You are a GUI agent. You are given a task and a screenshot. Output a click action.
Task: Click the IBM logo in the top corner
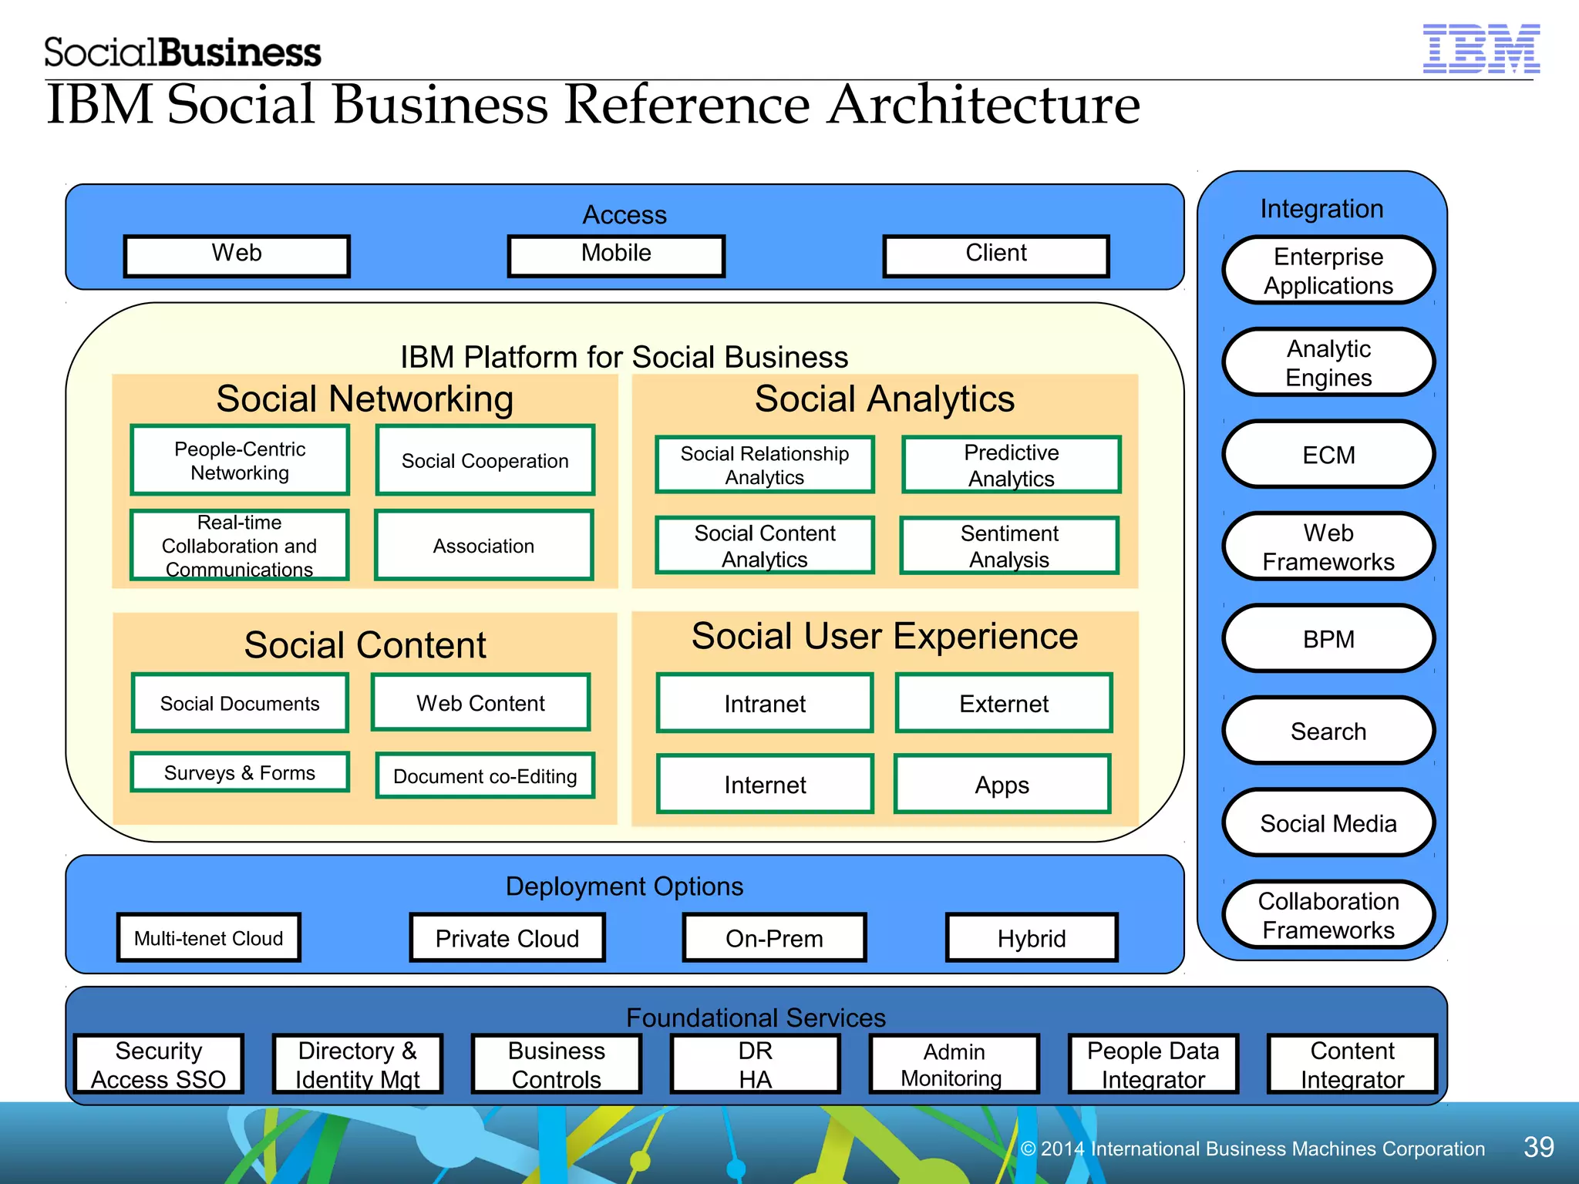[x=1480, y=49]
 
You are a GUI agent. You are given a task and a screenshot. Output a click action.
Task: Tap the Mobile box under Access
[x=616, y=255]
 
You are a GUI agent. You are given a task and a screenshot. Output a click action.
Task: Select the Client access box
[x=995, y=255]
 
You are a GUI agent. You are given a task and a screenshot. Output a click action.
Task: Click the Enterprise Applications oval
[x=1328, y=271]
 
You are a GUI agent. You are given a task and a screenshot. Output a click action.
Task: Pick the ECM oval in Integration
[x=1328, y=455]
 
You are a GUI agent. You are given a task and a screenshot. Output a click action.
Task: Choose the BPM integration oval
[x=1328, y=639]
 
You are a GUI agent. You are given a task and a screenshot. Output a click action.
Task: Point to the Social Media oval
[x=1328, y=823]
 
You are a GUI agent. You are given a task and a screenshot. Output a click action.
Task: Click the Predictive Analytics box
[x=1011, y=465]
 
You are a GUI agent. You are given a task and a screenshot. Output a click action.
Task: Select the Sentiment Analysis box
[x=1008, y=546]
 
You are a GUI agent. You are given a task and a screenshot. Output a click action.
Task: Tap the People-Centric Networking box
[x=240, y=460]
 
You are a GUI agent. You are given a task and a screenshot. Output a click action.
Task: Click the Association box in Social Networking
[x=483, y=546]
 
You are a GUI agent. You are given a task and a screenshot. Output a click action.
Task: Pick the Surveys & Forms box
[x=240, y=772]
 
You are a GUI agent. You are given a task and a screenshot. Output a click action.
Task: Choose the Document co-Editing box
[x=485, y=775]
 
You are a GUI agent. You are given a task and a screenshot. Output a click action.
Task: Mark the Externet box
[x=1003, y=703]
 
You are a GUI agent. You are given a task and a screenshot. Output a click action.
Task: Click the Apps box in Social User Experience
[x=1002, y=785]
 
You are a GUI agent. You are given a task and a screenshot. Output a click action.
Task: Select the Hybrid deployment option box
[x=1031, y=938]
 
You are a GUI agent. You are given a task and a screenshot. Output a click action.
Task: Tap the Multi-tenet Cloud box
[x=208, y=938]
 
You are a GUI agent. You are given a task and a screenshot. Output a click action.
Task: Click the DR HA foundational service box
[x=755, y=1065]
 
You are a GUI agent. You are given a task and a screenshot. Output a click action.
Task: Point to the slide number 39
[x=1538, y=1147]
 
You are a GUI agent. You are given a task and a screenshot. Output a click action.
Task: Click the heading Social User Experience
[x=884, y=636]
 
